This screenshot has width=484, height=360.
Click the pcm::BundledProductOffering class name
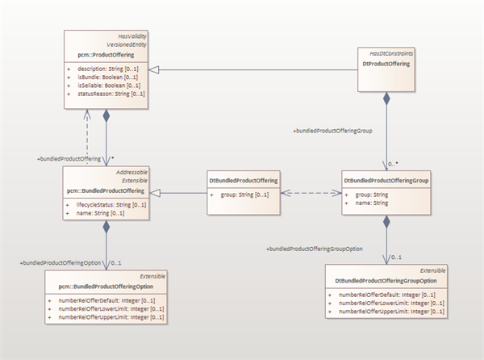pos(106,190)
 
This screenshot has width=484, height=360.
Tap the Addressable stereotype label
pos(127,174)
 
